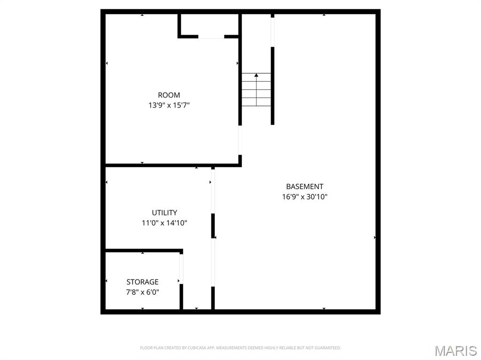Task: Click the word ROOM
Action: (x=169, y=95)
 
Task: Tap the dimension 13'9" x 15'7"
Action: (x=169, y=106)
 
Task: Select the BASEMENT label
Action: (x=304, y=186)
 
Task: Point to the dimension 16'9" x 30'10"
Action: (x=304, y=197)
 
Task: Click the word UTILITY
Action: (x=164, y=213)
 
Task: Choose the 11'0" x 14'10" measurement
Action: (x=164, y=223)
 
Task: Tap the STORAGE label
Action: (x=142, y=282)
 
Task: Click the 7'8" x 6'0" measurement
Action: (x=142, y=292)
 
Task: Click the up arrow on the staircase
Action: (x=256, y=75)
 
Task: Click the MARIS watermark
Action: (x=455, y=351)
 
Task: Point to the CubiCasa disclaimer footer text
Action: (x=240, y=348)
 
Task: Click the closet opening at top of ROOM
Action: (x=211, y=37)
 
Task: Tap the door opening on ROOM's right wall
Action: (x=240, y=140)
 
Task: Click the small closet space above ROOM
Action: (x=209, y=24)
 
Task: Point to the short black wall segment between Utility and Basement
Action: (x=213, y=225)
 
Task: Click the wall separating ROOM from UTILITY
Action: (x=171, y=165)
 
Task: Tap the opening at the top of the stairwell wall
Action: (x=272, y=32)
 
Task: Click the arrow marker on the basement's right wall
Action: (x=374, y=237)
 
